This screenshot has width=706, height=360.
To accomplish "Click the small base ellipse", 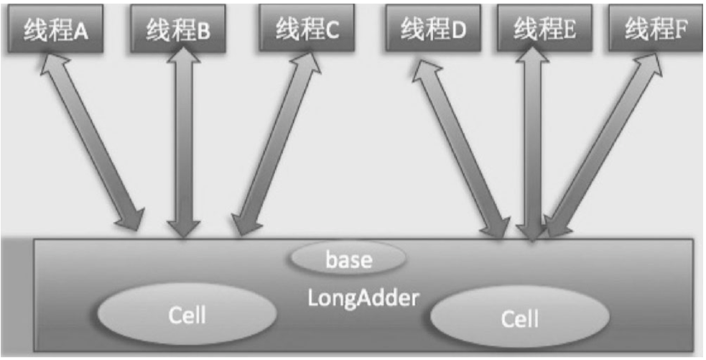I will pyautogui.click(x=349, y=259).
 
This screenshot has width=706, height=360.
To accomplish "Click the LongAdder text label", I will pyautogui.click(x=363, y=297).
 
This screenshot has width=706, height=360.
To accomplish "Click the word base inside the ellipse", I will pyautogui.click(x=349, y=259).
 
